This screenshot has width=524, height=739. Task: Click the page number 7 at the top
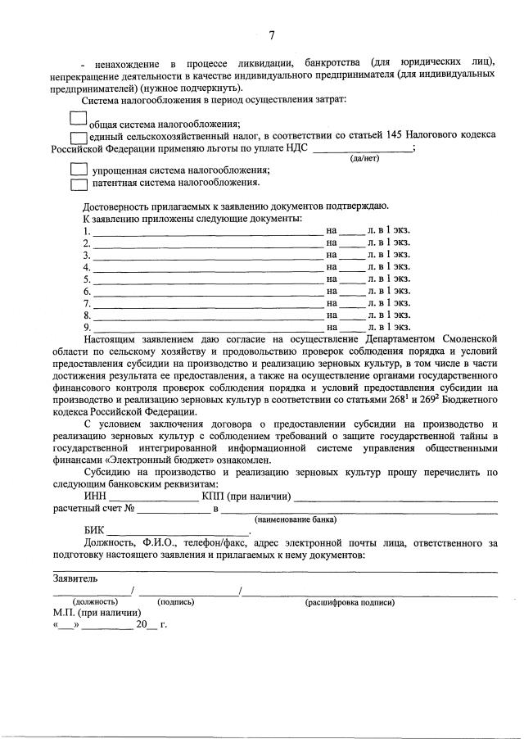(272, 34)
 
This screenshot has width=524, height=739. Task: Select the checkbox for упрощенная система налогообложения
(79, 170)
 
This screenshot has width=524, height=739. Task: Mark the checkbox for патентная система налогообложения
(79, 183)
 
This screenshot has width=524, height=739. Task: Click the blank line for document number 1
(209, 233)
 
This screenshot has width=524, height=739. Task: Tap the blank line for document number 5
(209, 279)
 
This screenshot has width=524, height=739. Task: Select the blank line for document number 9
(209, 326)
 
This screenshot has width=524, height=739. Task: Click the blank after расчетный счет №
(173, 510)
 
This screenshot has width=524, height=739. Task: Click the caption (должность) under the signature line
(95, 601)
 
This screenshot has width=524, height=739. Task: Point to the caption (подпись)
(176, 601)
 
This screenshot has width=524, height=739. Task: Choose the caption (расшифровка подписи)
(350, 601)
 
